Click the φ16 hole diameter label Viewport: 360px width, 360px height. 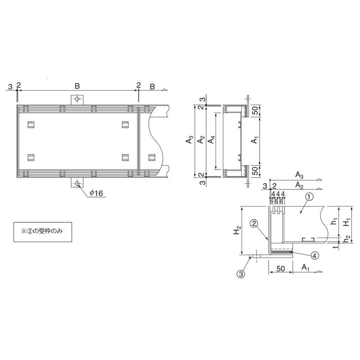point(96,193)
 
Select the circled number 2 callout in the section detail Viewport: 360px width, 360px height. point(254,223)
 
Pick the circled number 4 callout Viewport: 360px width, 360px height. point(315,255)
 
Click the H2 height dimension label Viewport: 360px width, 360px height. point(237,230)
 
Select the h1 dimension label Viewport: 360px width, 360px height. point(335,221)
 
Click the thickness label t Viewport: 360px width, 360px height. point(336,247)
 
